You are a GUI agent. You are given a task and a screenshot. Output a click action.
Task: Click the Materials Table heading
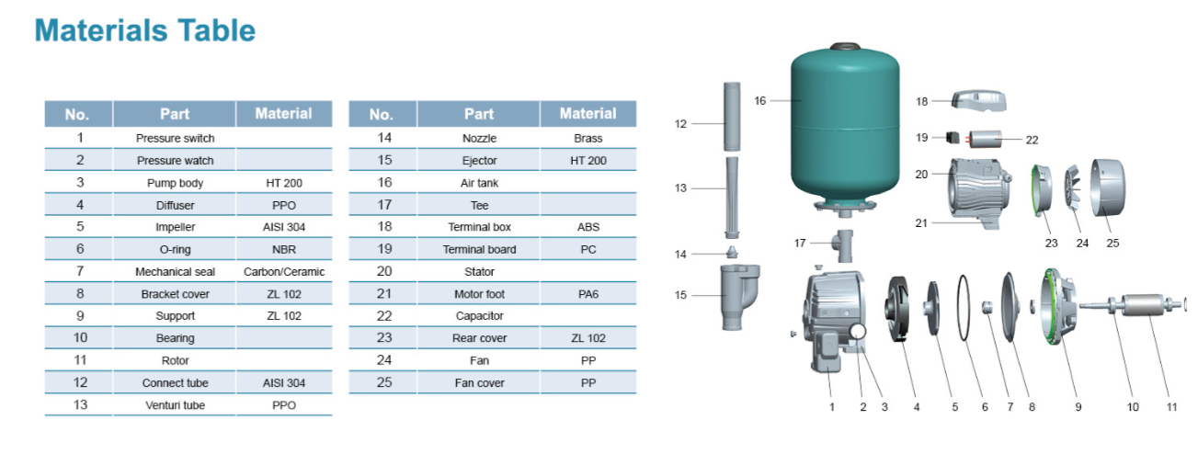[x=144, y=30]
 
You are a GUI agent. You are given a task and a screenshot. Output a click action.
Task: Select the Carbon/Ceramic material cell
[x=284, y=271]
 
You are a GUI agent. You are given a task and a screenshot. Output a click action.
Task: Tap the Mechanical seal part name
[x=175, y=271]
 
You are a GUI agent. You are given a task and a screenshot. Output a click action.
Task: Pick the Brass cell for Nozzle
[x=588, y=138]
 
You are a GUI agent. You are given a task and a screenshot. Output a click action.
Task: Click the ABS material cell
[x=588, y=227]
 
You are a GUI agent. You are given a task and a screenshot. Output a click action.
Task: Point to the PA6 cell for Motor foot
[x=588, y=294]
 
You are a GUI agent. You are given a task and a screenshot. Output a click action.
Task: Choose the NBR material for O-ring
[x=284, y=249]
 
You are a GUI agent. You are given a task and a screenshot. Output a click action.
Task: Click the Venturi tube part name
[x=175, y=405]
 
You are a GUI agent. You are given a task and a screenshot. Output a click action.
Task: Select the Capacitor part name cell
[x=479, y=316]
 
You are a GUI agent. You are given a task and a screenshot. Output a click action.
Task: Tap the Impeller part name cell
[x=175, y=227]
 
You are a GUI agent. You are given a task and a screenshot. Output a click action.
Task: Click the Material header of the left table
[x=284, y=114]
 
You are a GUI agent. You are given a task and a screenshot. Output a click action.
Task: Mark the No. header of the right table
[x=382, y=115]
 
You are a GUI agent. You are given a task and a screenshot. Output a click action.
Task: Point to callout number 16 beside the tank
[x=760, y=100]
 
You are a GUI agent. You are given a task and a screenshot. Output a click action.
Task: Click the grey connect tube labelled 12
[x=731, y=116]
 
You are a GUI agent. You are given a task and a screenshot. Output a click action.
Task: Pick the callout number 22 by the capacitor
[x=1032, y=140]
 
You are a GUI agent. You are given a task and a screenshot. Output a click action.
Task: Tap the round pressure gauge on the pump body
[x=857, y=331]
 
